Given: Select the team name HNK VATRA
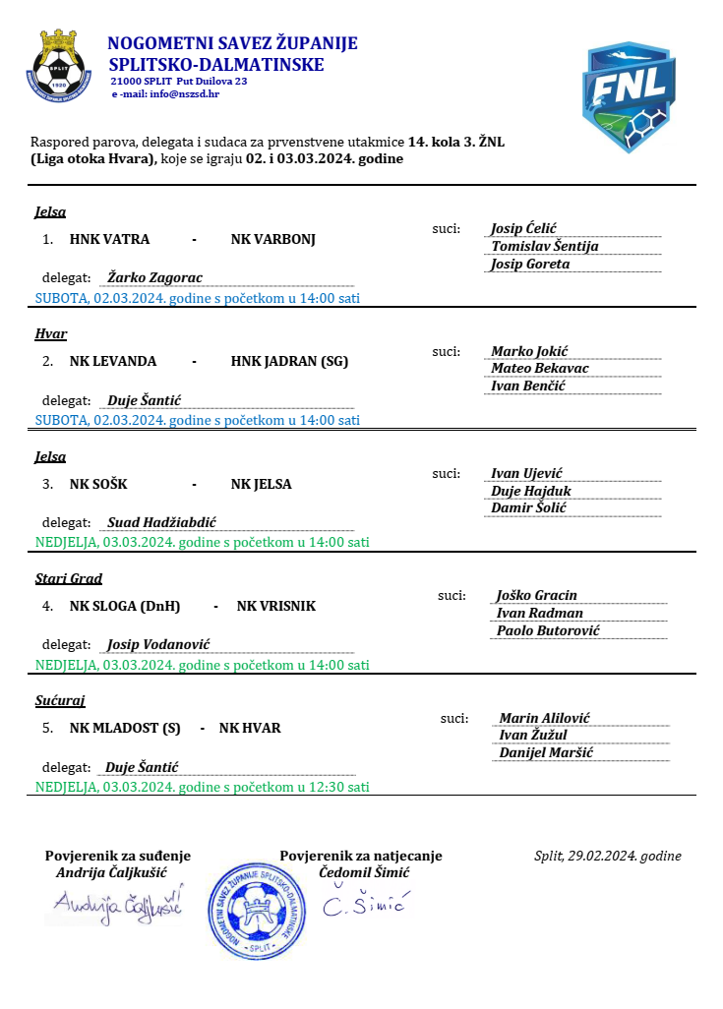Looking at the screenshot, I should tap(109, 239).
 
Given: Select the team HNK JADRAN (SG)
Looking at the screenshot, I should tap(289, 361).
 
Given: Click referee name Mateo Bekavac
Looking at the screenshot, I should tap(540, 368).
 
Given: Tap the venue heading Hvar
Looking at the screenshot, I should tap(51, 334).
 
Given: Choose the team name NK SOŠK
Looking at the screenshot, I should tap(98, 484).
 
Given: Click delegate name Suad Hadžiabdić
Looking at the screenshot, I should tap(161, 522).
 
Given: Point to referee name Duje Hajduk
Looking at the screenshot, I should tap(531, 491).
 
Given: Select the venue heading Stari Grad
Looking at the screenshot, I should tap(69, 579).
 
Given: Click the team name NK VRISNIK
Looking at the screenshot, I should tap(276, 606).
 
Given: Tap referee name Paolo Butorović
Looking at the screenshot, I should tap(548, 630).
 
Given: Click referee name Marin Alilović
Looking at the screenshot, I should tap(544, 718).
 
